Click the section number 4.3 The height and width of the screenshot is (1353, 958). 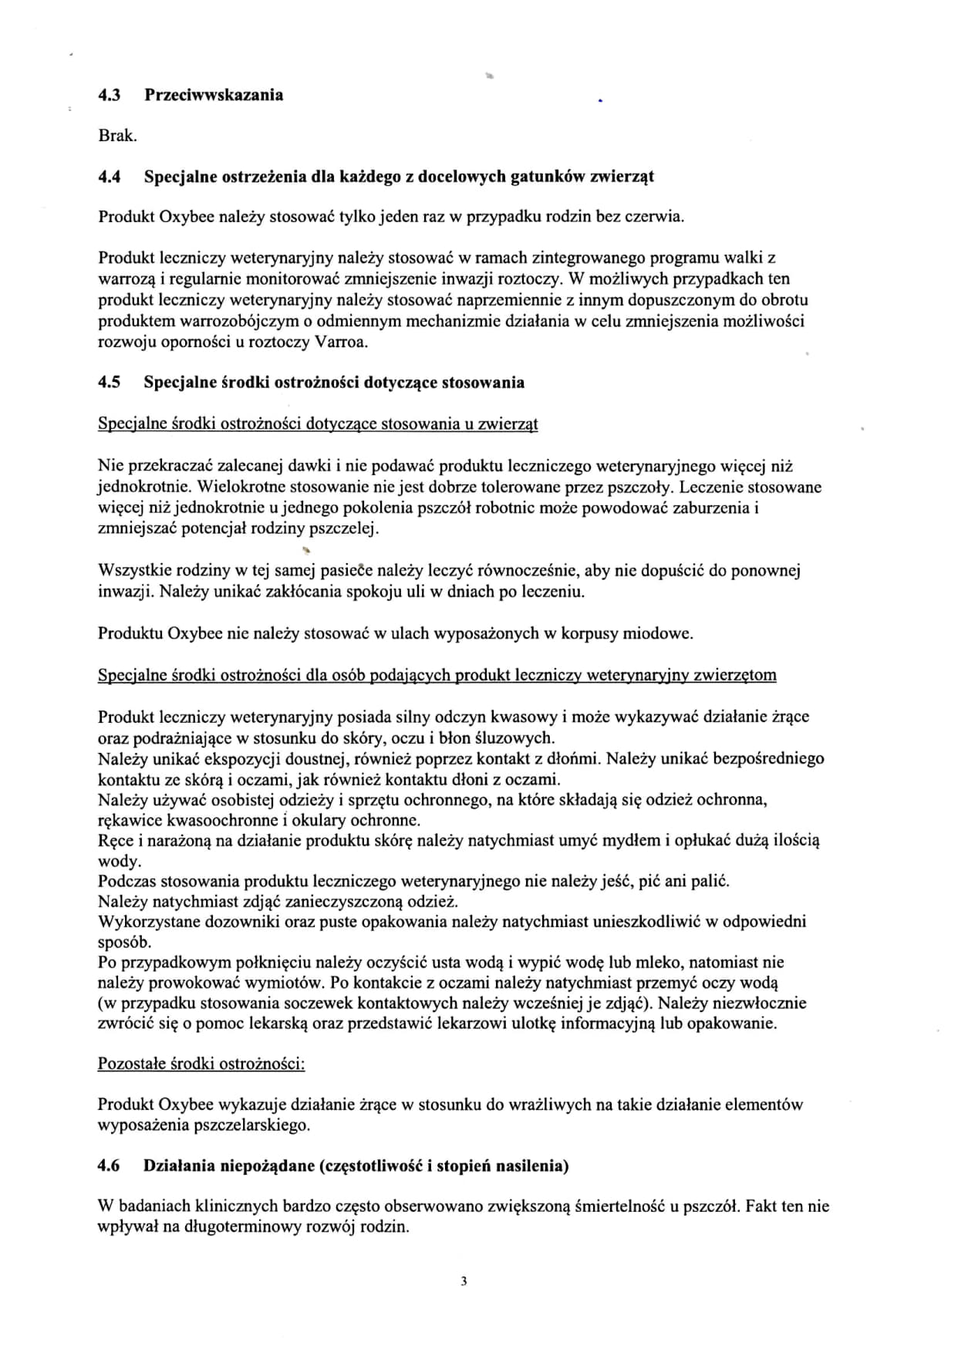point(110,95)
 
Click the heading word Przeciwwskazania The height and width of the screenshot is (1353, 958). point(214,95)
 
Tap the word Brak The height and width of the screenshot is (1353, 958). point(117,136)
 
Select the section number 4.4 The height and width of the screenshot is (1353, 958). point(110,177)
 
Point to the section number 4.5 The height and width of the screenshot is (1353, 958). point(110,383)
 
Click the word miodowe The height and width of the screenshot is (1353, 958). point(660,634)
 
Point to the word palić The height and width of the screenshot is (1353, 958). point(710,881)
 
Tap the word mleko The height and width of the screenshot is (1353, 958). point(659,963)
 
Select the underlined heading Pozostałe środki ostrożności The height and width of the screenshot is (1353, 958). point(201,1064)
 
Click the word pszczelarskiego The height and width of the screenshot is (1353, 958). point(245,1125)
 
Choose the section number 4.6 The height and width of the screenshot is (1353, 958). point(110,1166)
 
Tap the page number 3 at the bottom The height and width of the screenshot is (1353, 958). point(464,1282)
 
